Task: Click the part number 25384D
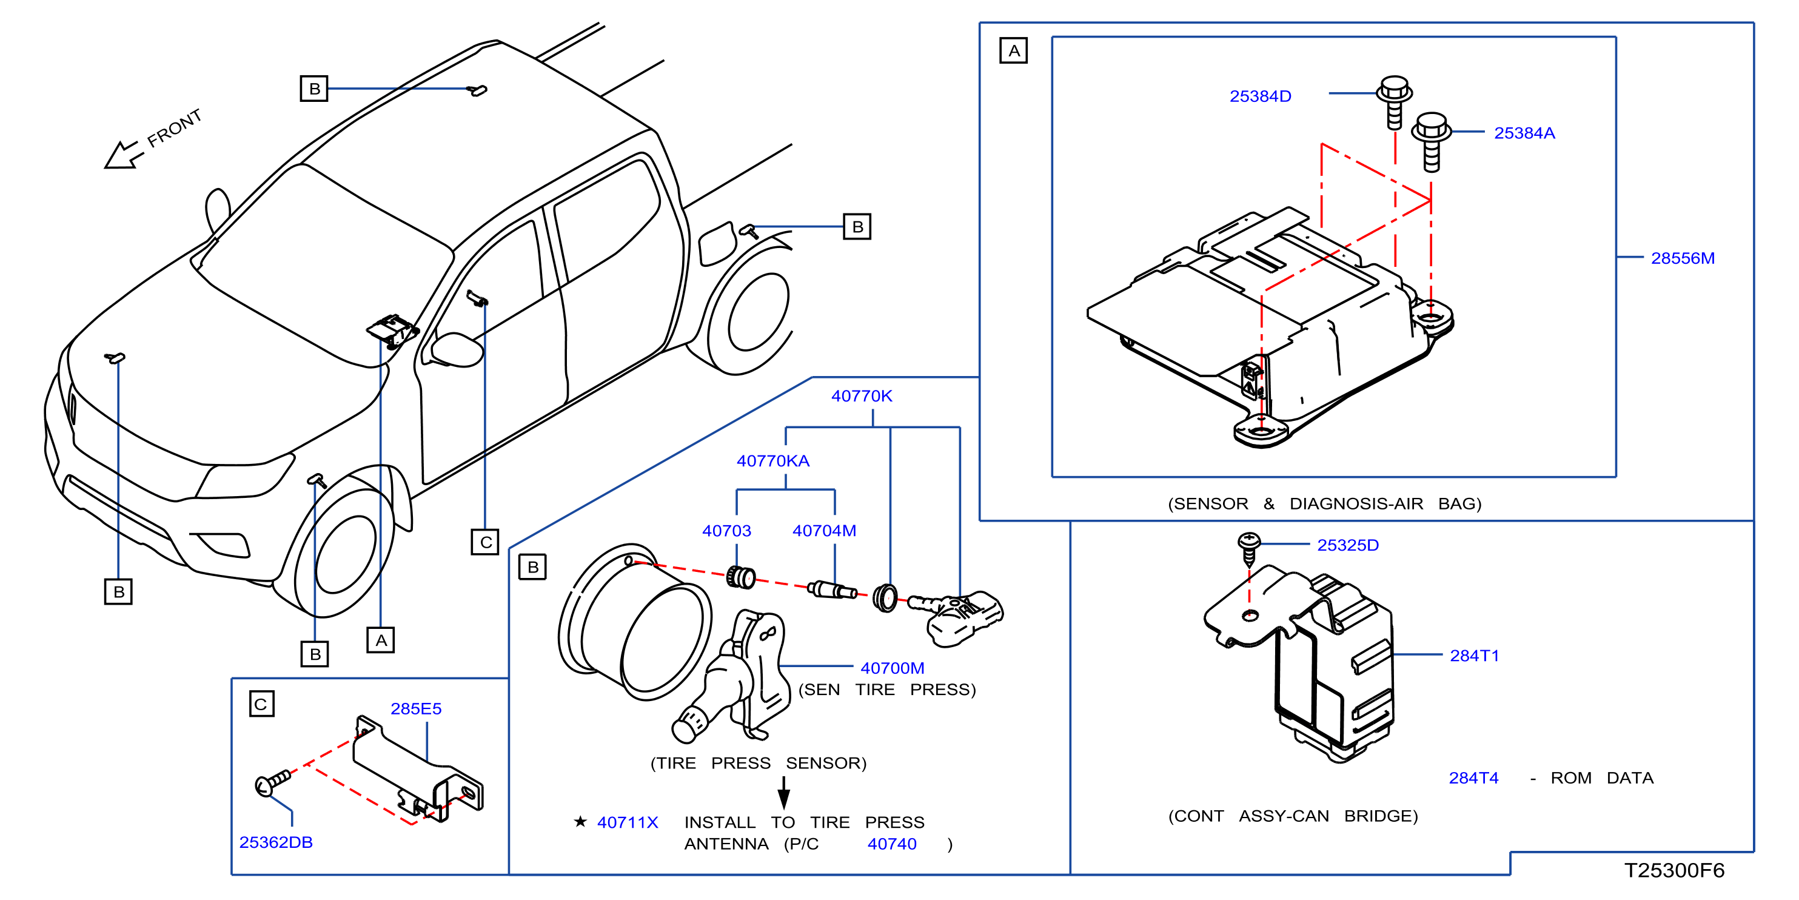click(x=1260, y=96)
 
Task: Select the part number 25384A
click(x=1524, y=133)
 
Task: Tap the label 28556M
click(x=1683, y=258)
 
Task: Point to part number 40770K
click(x=861, y=396)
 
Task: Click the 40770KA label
click(x=772, y=461)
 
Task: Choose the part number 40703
click(x=726, y=531)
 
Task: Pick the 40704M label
click(x=824, y=531)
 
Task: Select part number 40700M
click(x=892, y=669)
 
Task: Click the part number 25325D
click(x=1348, y=546)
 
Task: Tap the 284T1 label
click(x=1474, y=656)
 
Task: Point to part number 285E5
click(x=415, y=709)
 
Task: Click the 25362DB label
click(x=276, y=843)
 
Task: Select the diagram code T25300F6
click(x=1674, y=871)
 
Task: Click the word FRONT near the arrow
click(x=175, y=128)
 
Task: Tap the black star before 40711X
click(x=580, y=822)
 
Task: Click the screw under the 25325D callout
click(x=1248, y=548)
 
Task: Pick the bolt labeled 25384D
click(x=1395, y=102)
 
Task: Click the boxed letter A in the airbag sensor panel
click(x=1013, y=51)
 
